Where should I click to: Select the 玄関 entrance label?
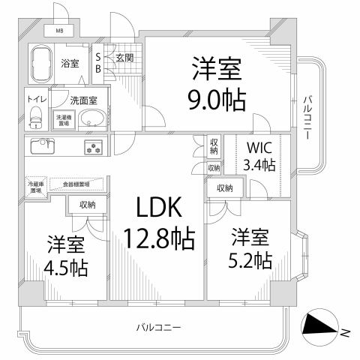point(124,57)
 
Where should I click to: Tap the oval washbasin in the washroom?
point(92,120)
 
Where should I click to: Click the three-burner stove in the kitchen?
point(95,147)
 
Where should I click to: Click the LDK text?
point(157,208)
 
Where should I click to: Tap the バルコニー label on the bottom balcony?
point(159,328)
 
